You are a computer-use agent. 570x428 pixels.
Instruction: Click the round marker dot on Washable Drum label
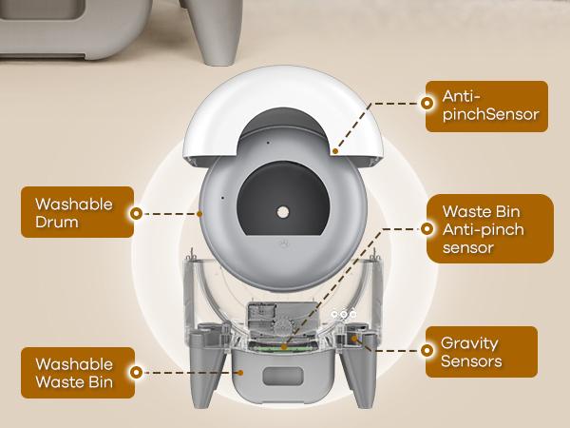coord(137,214)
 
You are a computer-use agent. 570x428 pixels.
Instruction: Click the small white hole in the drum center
coord(283,208)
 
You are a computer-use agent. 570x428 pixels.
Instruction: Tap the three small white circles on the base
coord(342,313)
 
